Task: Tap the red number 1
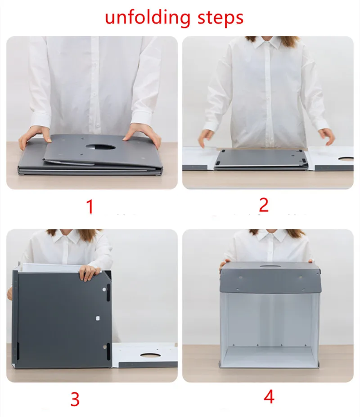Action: [90, 207]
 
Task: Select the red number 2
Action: [264, 205]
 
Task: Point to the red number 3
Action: [75, 399]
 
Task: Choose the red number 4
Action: [269, 397]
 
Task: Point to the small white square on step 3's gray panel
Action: [98, 318]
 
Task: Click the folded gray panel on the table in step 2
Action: [261, 159]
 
